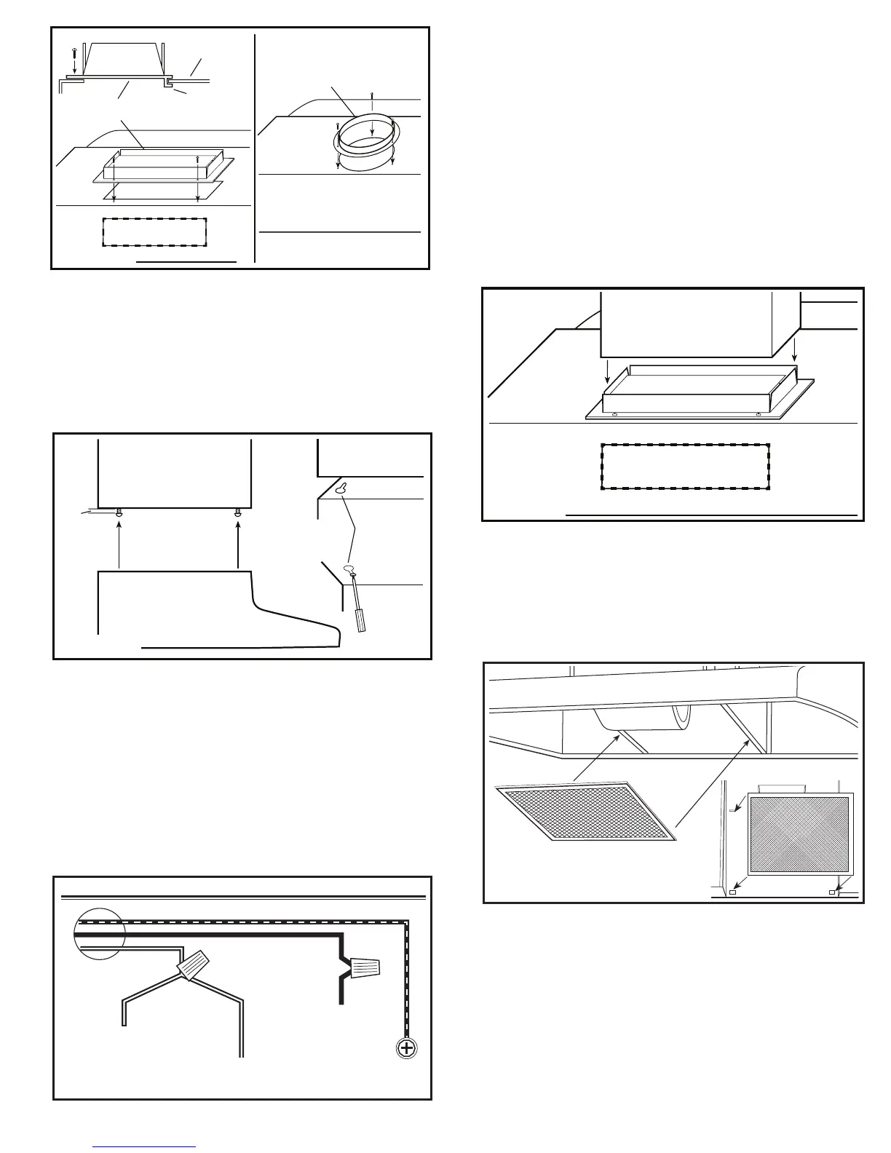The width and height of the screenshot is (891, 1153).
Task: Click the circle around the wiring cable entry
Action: click(99, 934)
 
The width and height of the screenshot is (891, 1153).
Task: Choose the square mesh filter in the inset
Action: click(799, 834)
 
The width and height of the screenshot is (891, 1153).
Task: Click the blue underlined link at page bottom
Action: click(144, 1147)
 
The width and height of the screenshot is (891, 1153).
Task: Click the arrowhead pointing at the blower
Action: click(619, 737)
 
